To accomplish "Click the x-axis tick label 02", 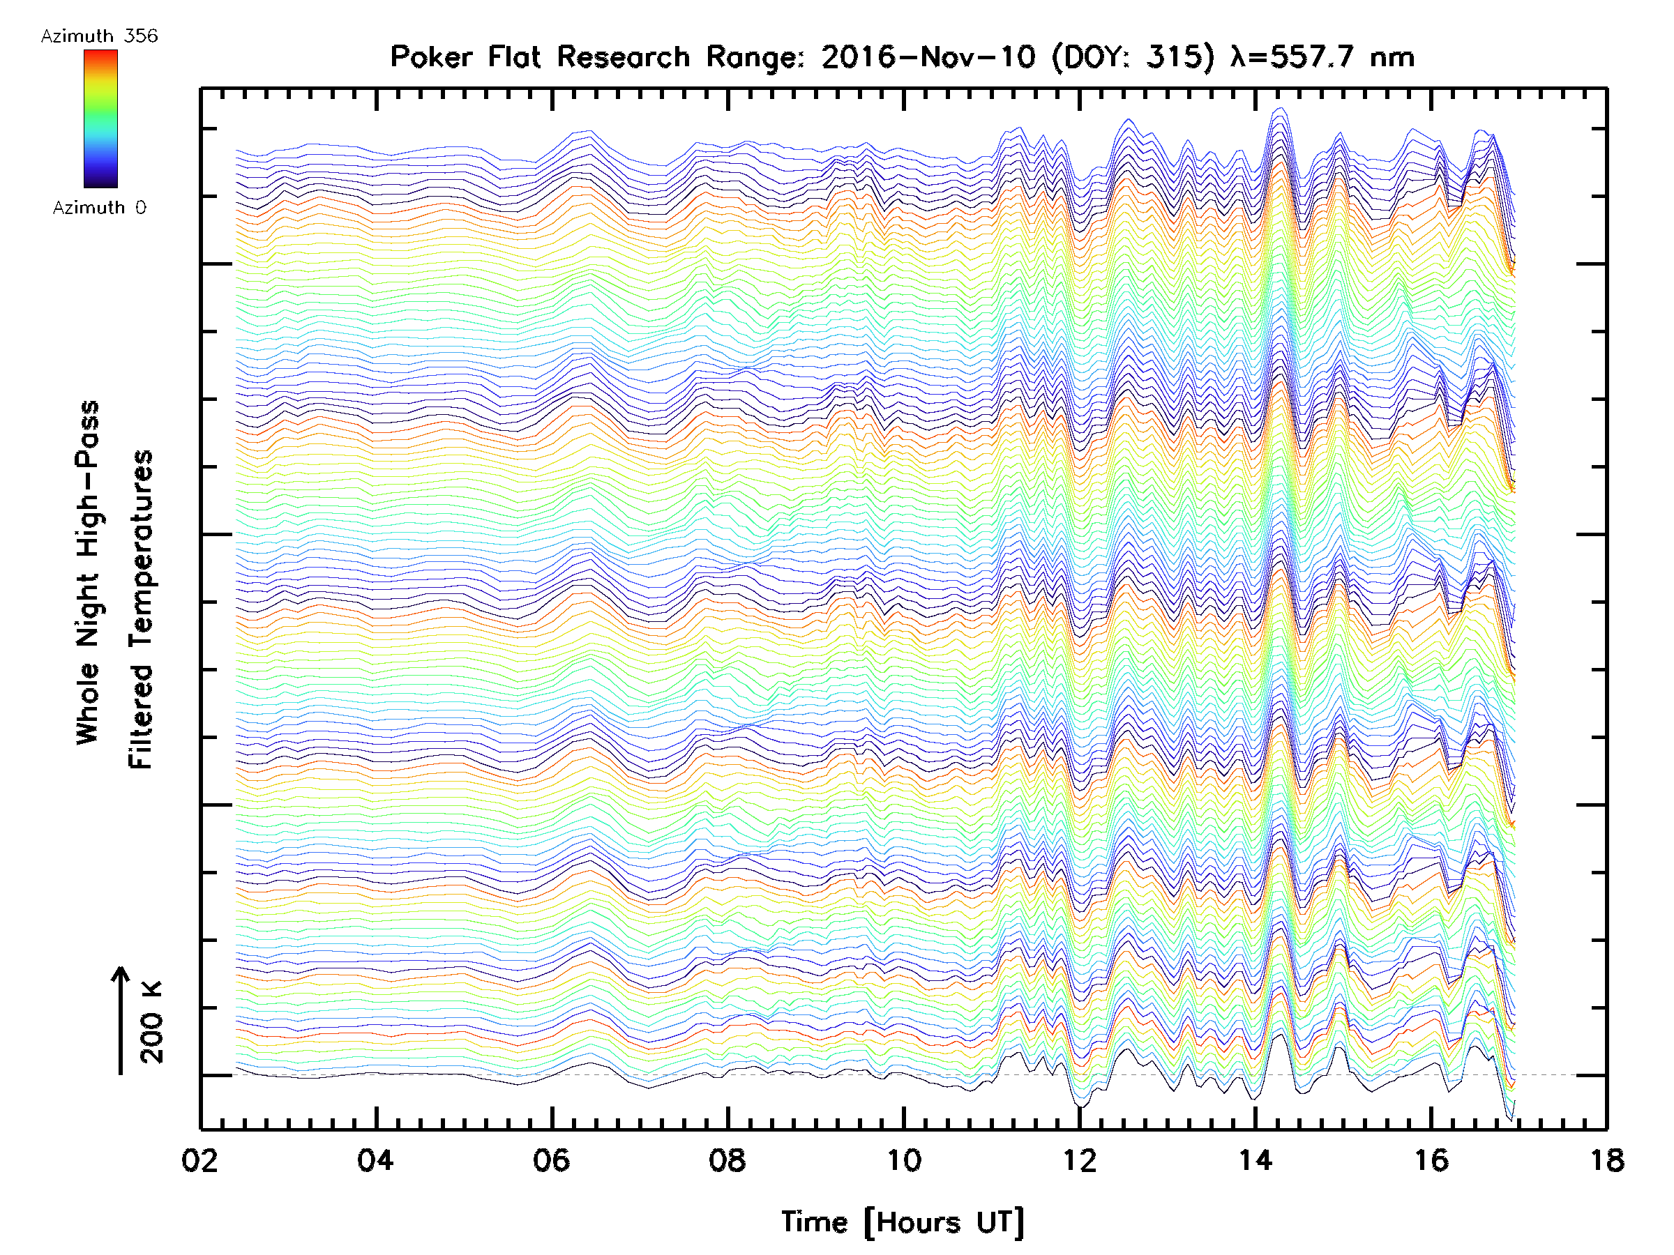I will tap(199, 1160).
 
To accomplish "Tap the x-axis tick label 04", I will tap(375, 1160).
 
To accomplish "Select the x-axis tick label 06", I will tap(551, 1160).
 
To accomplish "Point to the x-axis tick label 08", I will tap(727, 1160).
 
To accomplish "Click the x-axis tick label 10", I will tap(903, 1160).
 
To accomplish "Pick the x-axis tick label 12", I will tap(1079, 1160).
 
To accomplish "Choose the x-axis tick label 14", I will tap(1255, 1160).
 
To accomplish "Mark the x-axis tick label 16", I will tap(1431, 1160).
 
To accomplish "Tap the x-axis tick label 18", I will tap(1606, 1160).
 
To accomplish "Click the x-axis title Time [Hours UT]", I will tap(903, 1222).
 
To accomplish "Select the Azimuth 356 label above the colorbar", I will tap(99, 36).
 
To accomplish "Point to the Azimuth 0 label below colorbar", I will tap(99, 208).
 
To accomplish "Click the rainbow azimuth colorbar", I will tap(100, 119).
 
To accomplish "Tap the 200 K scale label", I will tap(151, 1022).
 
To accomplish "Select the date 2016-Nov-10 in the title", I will tap(928, 57).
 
